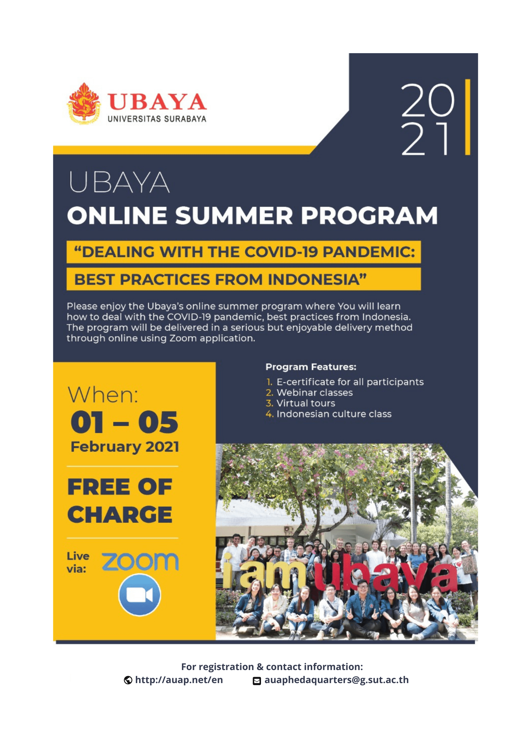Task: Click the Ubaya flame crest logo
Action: [x=84, y=104]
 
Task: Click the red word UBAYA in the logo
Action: [x=157, y=102]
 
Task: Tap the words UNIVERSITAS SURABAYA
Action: [x=157, y=119]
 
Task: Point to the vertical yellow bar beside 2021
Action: [x=467, y=117]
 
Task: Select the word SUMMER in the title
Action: [x=234, y=215]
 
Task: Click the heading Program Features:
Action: [x=311, y=367]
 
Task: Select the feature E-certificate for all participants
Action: [x=350, y=382]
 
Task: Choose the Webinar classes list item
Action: [x=315, y=392]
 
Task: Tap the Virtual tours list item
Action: [x=306, y=403]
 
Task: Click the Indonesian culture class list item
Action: [x=334, y=414]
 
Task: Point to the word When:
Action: [x=103, y=395]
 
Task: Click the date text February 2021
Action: [x=125, y=447]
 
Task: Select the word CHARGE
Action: [x=120, y=514]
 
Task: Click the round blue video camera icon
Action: [x=140, y=595]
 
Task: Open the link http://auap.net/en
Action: [x=179, y=680]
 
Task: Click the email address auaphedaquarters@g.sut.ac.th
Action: [x=337, y=680]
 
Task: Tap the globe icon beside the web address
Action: [x=128, y=680]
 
